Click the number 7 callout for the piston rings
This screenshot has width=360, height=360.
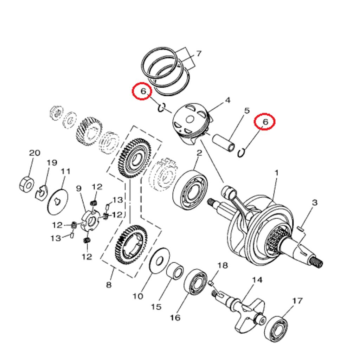click(199, 54)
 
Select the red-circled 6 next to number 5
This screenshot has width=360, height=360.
click(265, 122)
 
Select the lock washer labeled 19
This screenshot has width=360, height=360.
click(43, 192)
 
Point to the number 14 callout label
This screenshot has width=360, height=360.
click(257, 280)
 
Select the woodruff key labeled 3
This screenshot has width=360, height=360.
click(301, 229)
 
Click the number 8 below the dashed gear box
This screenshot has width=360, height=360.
click(109, 284)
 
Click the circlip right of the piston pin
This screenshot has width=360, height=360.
click(242, 153)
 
